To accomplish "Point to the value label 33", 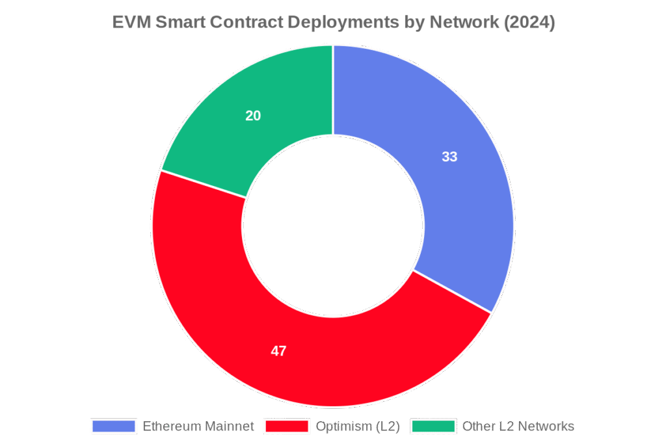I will coord(449,157).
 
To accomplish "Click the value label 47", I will coord(278,351).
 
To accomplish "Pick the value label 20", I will coord(253,116).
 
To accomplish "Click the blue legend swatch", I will coord(114,426).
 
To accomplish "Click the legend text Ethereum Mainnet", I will coord(198,426).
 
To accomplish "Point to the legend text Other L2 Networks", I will coord(518,426).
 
